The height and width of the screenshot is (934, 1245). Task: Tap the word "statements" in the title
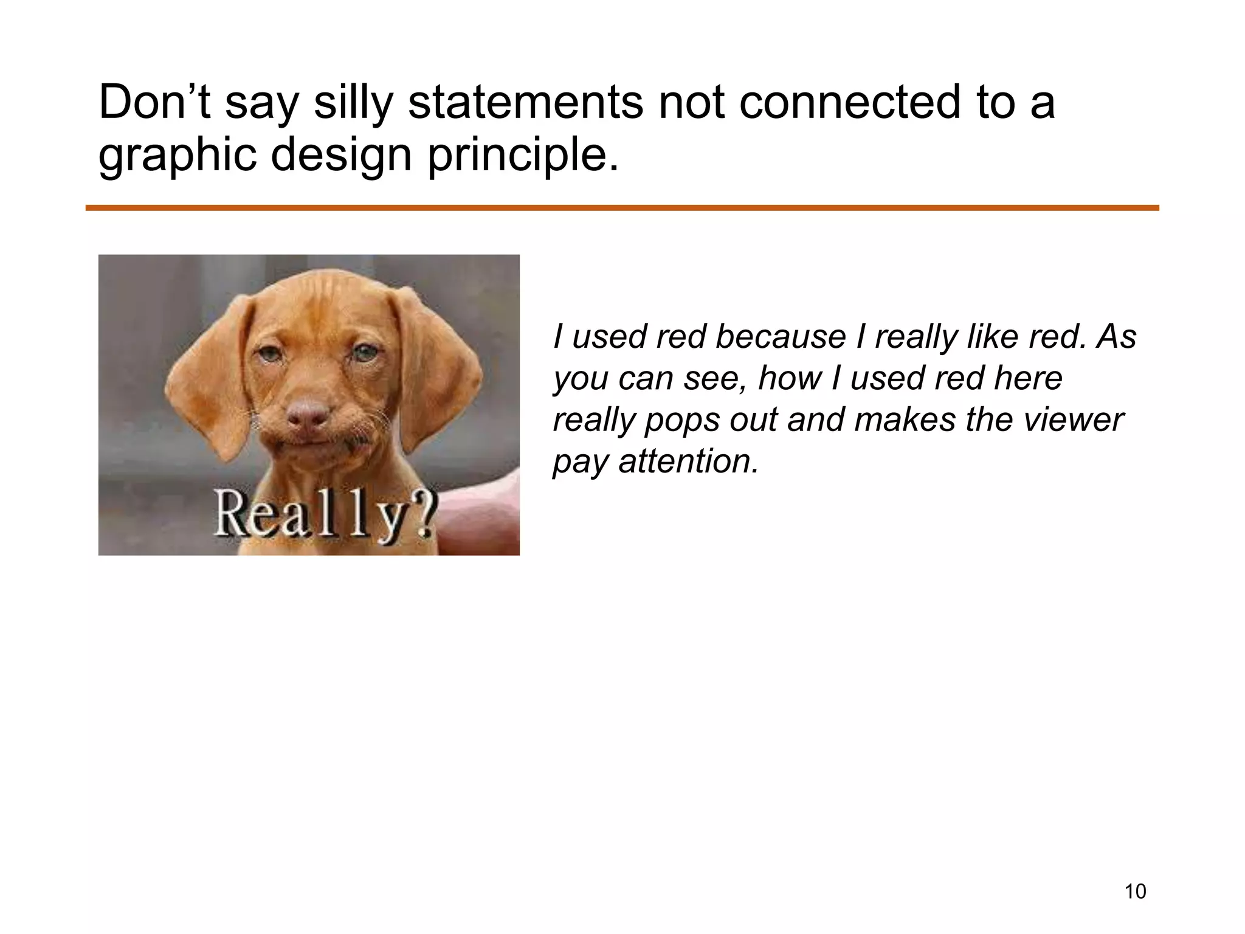(525, 102)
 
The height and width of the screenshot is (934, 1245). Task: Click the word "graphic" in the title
(176, 156)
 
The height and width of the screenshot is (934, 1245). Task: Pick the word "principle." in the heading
(523, 156)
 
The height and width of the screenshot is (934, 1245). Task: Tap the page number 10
(1135, 891)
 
